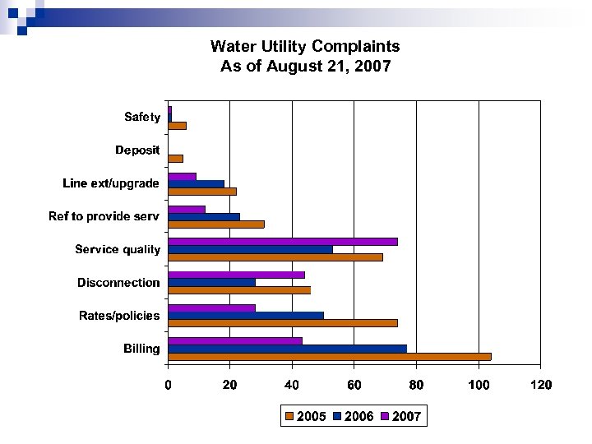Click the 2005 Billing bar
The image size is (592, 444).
pos(329,357)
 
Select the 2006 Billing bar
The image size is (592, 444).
pos(287,349)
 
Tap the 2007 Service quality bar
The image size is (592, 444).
pos(282,242)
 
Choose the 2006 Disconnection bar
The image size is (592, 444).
pos(211,282)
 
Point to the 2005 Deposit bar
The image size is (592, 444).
pos(175,159)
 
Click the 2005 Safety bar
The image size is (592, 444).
pos(177,126)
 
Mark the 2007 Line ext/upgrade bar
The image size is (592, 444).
pos(182,176)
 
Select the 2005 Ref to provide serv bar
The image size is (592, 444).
pos(215,224)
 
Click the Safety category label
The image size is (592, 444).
pos(142,118)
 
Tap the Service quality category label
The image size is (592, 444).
pos(118,249)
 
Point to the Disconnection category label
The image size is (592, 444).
pos(118,283)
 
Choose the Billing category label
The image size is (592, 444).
pos(141,349)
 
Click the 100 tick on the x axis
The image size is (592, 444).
pos(479,384)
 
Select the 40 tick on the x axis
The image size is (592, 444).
pos(292,384)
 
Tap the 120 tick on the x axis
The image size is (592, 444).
pos(540,384)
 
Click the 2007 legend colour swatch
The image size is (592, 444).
pos(386,417)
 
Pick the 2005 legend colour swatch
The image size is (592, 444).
pos(289,417)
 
